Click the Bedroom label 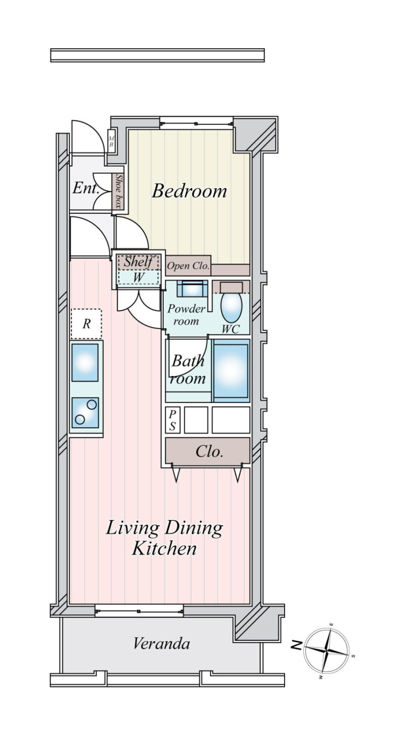(189, 191)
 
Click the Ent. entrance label (86, 188)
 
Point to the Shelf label (138, 262)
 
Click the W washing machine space (138, 277)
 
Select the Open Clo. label (188, 265)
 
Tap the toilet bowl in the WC (231, 307)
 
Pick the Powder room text (186, 315)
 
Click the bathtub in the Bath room (231, 370)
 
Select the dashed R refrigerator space (86, 324)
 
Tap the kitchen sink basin (85, 363)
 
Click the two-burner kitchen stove (85, 413)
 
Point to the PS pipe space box (172, 420)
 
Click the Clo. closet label (209, 451)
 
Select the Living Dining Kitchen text (164, 538)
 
